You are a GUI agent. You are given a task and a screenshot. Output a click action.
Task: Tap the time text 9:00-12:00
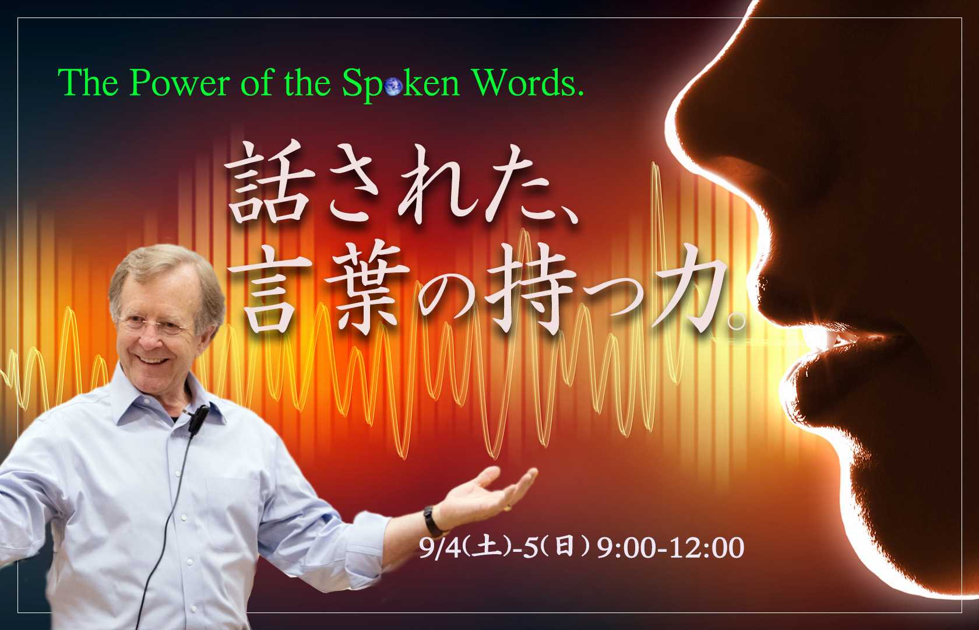(x=670, y=548)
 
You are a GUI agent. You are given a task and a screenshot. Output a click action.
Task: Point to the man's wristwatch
(x=430, y=518)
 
